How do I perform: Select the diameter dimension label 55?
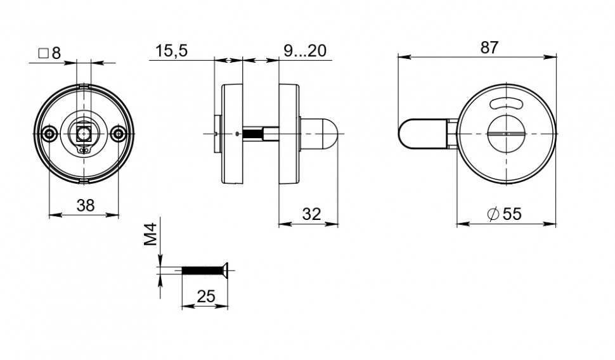coord(504,214)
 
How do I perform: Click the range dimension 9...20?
coord(308,51)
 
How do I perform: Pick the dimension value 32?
coord(310,214)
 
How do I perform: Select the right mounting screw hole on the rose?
coord(117,134)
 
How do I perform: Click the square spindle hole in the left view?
coord(83,134)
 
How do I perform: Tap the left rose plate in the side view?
coord(231,134)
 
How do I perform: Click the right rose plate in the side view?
coord(289,134)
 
